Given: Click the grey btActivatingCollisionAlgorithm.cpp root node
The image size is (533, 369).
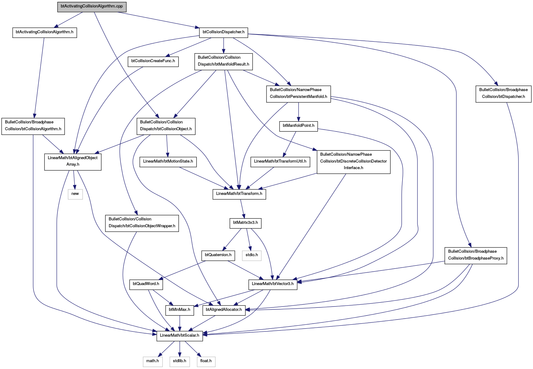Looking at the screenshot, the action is click(x=92, y=6).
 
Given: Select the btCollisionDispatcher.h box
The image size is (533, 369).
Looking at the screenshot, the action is click(x=224, y=32).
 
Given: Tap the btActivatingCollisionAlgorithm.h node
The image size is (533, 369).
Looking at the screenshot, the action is click(x=44, y=32).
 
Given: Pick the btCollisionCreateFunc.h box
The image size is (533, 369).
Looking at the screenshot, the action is click(x=153, y=61).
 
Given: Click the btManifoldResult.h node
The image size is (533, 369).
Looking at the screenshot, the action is click(x=223, y=61).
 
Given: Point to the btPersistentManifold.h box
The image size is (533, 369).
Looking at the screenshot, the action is click(x=298, y=93).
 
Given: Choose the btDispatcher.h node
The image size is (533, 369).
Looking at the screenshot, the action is click(x=503, y=93).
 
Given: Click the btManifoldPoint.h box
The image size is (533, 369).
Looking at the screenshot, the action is click(x=298, y=126).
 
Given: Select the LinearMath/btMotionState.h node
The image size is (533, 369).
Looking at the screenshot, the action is click(x=168, y=161).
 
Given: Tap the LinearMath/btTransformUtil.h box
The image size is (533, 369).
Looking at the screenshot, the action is click(x=280, y=161).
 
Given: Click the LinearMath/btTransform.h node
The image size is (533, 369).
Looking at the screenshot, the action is click(x=239, y=194).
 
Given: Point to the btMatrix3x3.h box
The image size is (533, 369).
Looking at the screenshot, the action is click(x=245, y=223).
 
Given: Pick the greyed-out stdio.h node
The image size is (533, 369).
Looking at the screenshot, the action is click(x=252, y=255).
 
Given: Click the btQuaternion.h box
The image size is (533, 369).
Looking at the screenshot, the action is click(x=218, y=255).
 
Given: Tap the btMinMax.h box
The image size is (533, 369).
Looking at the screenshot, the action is click(x=180, y=310).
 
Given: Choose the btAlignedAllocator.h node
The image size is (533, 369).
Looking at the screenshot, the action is click(x=224, y=310).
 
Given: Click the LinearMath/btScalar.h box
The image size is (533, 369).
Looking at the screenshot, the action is click(x=180, y=335).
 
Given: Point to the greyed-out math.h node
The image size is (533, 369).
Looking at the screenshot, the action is click(x=153, y=361).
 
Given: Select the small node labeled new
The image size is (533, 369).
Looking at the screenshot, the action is click(x=75, y=194).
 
